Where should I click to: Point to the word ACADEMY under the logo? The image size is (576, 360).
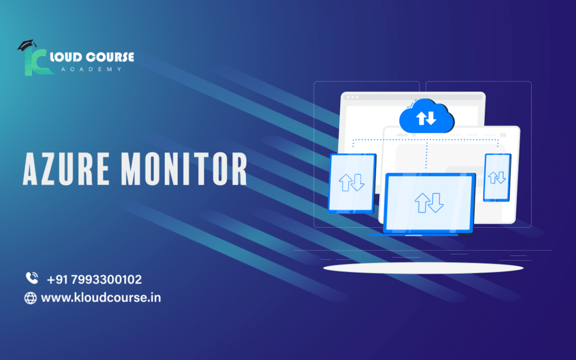[x=93, y=69]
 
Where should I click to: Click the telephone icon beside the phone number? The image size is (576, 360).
[x=31, y=278]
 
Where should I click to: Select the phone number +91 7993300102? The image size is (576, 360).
[x=94, y=279]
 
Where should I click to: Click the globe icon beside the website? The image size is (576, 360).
[x=30, y=298]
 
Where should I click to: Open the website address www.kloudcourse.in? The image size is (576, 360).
[x=101, y=298]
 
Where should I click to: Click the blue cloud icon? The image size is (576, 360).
[x=426, y=116]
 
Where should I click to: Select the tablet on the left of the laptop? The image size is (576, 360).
[x=352, y=183]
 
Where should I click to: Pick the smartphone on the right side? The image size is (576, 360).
[x=497, y=177]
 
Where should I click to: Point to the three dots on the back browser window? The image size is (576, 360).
[x=352, y=97]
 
